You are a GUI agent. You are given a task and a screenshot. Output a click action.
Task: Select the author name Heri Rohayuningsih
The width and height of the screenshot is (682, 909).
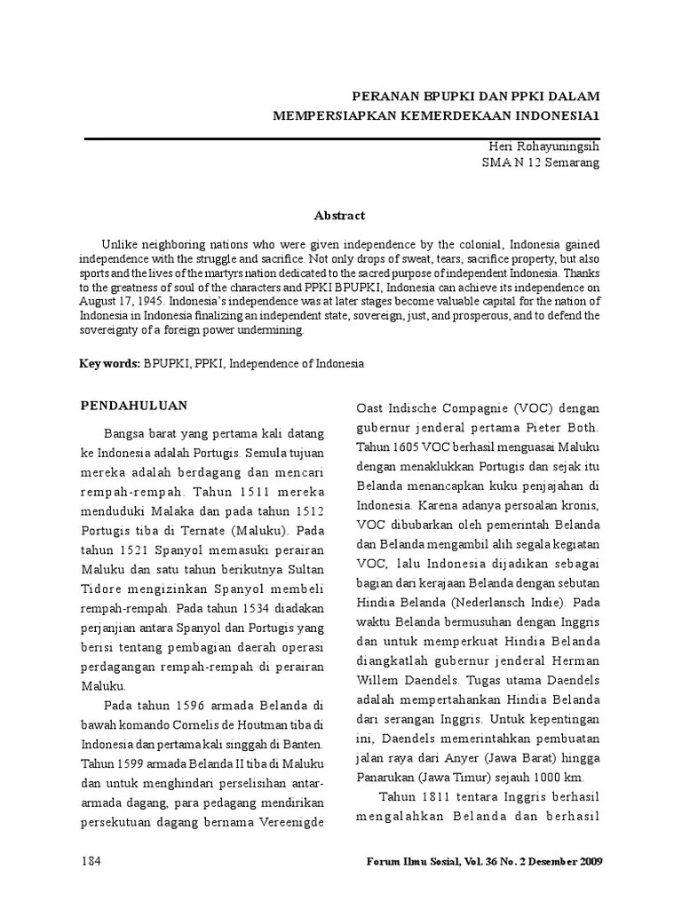[x=544, y=146]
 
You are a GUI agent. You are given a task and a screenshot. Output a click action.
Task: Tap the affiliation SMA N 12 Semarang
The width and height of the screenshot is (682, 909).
[x=540, y=162]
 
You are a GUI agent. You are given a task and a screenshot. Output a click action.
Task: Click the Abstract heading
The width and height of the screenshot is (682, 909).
[x=339, y=215]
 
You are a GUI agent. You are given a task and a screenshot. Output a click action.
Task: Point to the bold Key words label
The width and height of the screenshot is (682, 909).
[x=110, y=364]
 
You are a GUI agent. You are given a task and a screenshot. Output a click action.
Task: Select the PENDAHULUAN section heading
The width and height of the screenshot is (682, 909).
[x=134, y=405]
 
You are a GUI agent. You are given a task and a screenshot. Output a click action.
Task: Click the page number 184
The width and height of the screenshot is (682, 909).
[x=92, y=861]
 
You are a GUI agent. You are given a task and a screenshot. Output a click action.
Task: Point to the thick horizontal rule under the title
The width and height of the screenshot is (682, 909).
[x=342, y=138]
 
